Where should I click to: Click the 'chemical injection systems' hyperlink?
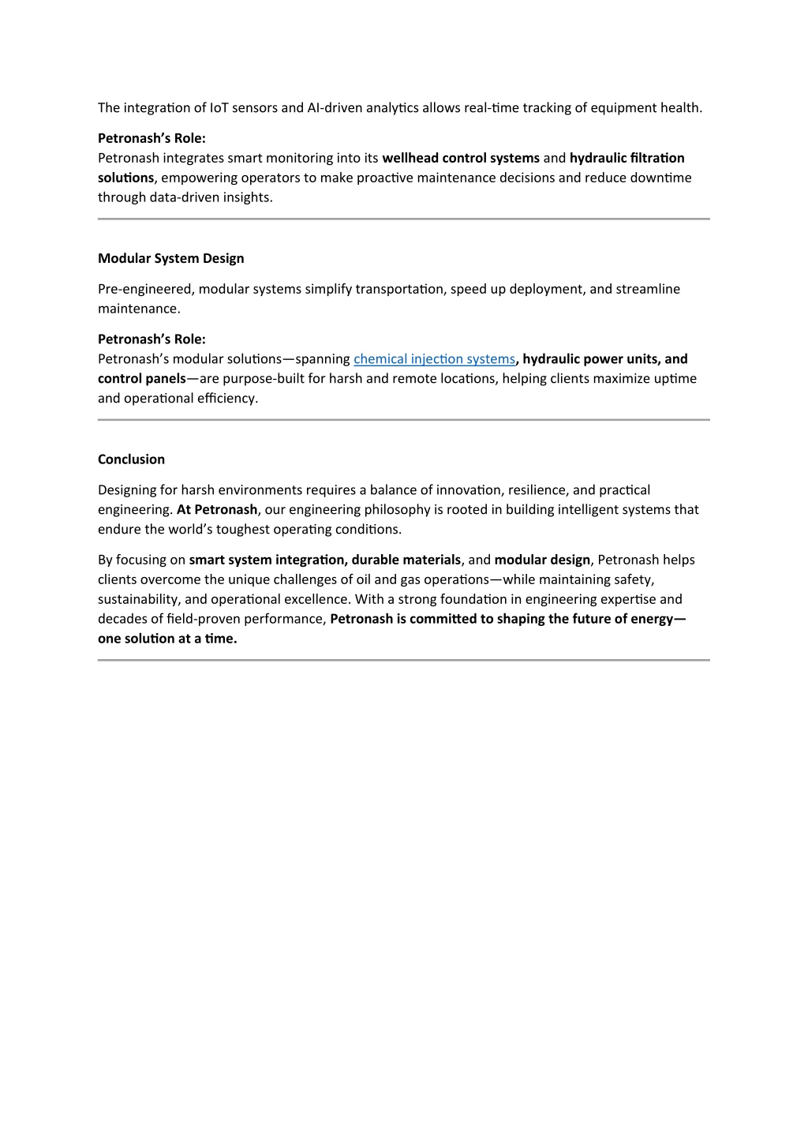pyautogui.click(x=434, y=359)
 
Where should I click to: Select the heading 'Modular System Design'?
pyautogui.click(x=170, y=258)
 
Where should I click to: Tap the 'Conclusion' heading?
pyautogui.click(x=131, y=459)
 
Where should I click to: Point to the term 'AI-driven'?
pyautogui.click(x=334, y=107)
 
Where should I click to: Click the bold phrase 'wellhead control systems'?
pyautogui.click(x=461, y=158)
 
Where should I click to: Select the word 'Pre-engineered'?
pyautogui.click(x=146, y=289)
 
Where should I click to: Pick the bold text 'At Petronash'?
pyautogui.click(x=217, y=510)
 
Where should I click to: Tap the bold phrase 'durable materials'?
pyautogui.click(x=406, y=560)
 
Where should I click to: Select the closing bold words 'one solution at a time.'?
pyautogui.click(x=167, y=639)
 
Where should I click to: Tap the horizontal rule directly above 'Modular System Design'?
pyautogui.click(x=403, y=219)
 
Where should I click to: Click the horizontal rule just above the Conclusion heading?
pyautogui.click(x=403, y=420)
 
